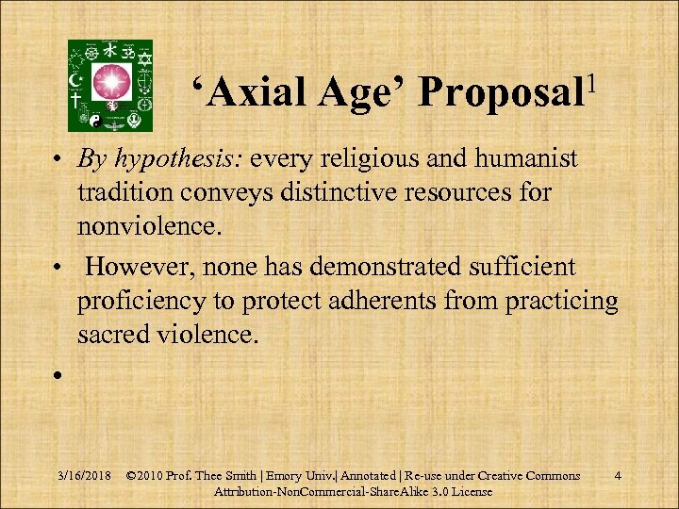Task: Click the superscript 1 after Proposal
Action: (589, 76)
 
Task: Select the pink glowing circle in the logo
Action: (111, 84)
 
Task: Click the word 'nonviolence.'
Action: (152, 227)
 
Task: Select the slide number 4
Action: (617, 476)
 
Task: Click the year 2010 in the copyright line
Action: (157, 476)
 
